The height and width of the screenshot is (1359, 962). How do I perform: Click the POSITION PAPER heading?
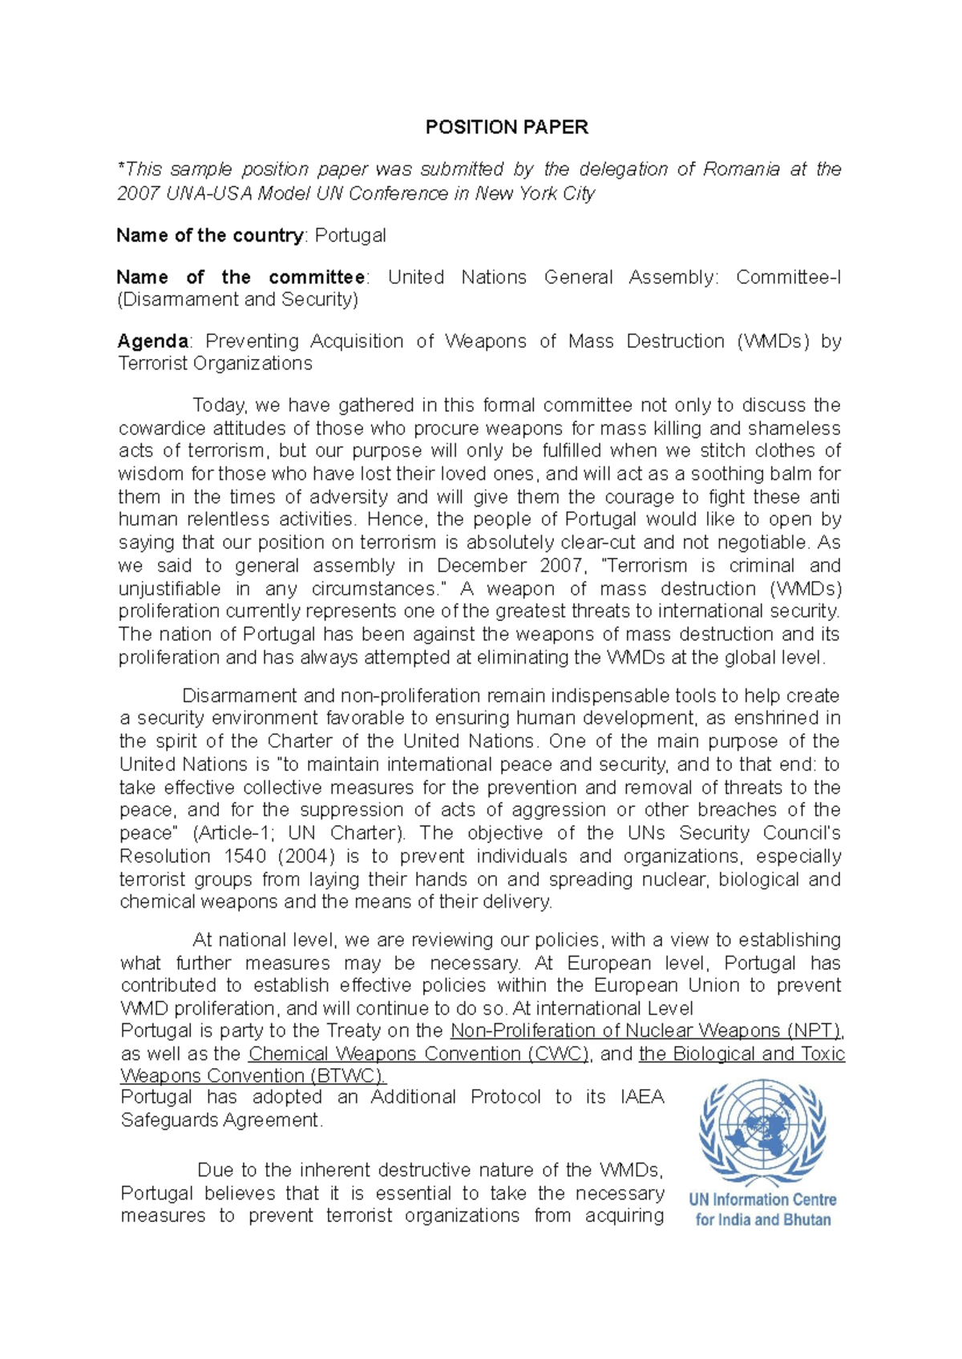coord(507,127)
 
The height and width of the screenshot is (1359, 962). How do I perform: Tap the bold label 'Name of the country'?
coord(209,236)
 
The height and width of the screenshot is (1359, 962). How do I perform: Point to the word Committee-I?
coord(788,277)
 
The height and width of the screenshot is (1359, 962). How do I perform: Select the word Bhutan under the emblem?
coord(804,1220)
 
